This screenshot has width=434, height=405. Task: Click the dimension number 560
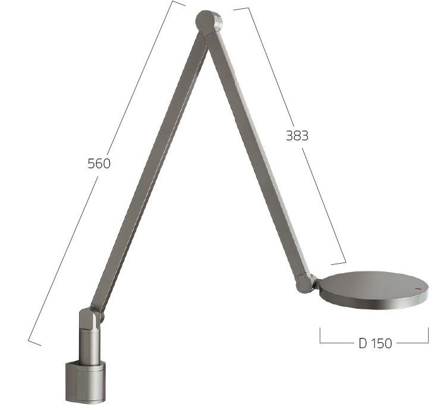99,163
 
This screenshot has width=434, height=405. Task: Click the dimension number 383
297,135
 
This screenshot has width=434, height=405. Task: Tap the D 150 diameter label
375,343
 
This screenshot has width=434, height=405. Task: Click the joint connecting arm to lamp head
306,281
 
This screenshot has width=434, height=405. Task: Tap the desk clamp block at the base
84,381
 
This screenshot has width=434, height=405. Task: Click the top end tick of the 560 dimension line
178,3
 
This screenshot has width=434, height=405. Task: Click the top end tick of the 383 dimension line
241,8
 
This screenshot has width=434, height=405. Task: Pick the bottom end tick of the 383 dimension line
338,262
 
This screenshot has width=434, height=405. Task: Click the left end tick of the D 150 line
320,336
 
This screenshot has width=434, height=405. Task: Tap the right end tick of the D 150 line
428,336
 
